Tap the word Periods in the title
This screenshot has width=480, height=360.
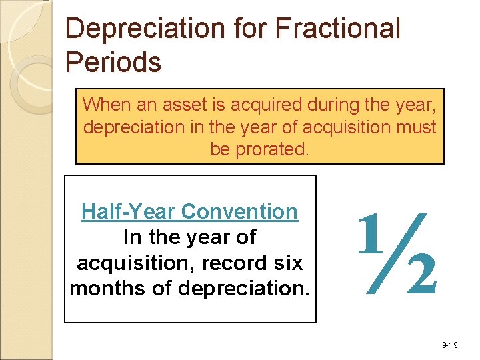pos(113,63)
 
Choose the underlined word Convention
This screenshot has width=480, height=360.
pos(239,212)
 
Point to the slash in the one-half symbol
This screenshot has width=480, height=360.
pos(396,253)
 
